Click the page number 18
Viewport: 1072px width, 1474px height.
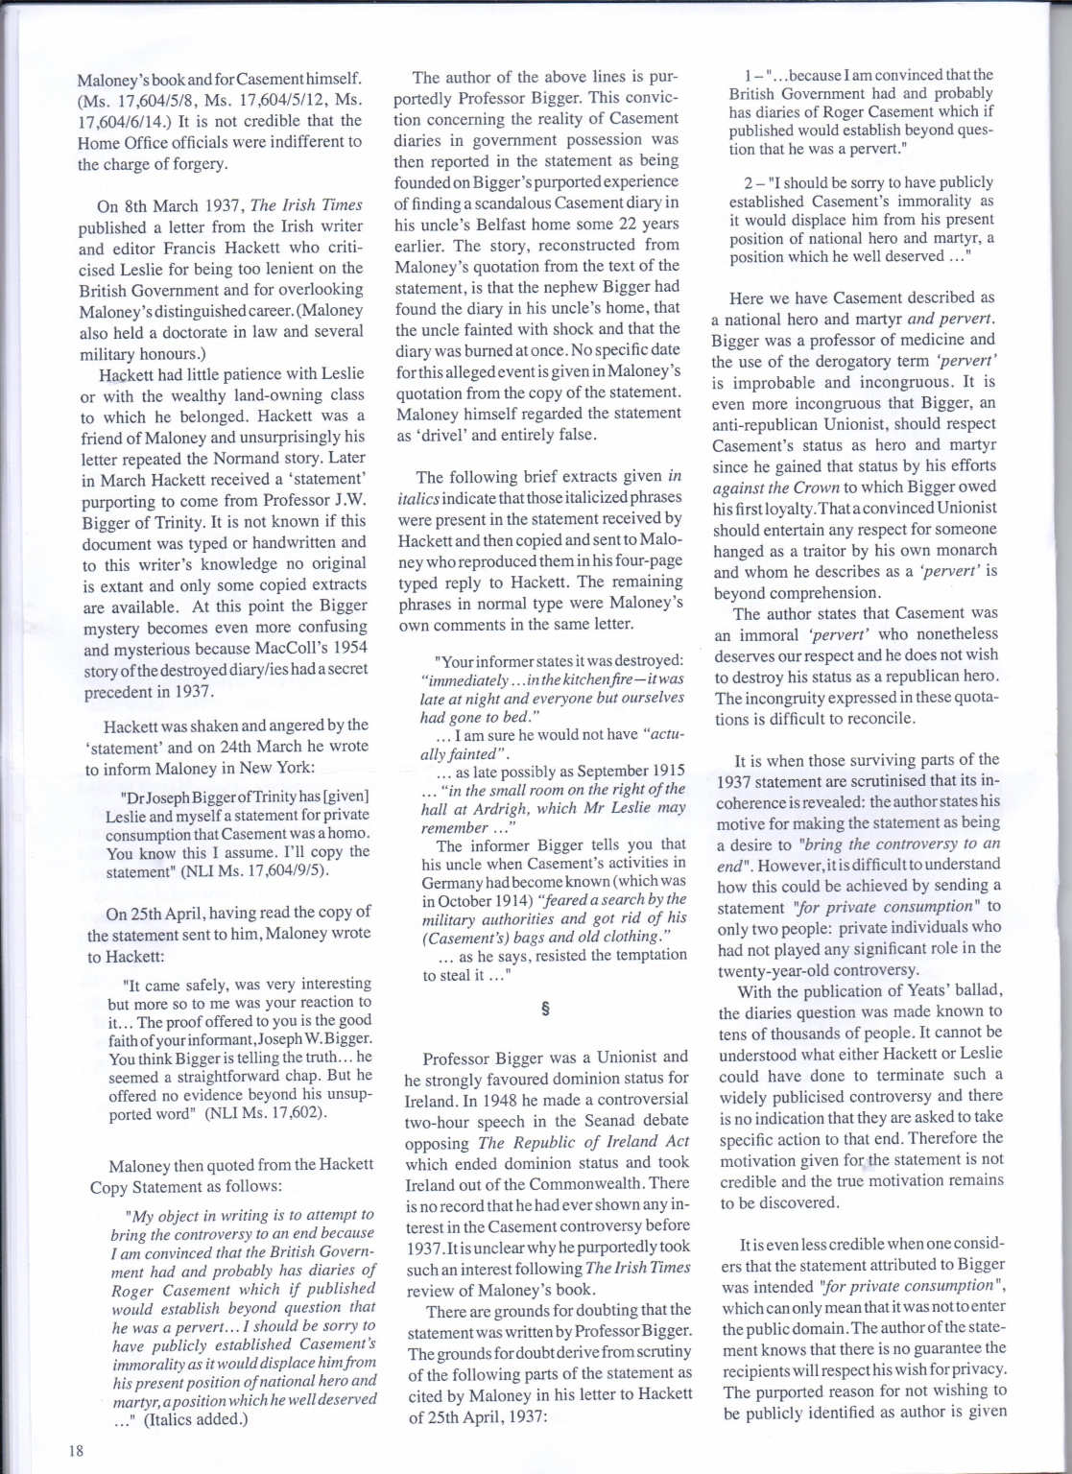tap(76, 1449)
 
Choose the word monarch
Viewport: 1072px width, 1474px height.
tap(967, 551)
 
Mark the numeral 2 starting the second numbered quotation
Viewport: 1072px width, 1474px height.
tap(748, 182)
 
